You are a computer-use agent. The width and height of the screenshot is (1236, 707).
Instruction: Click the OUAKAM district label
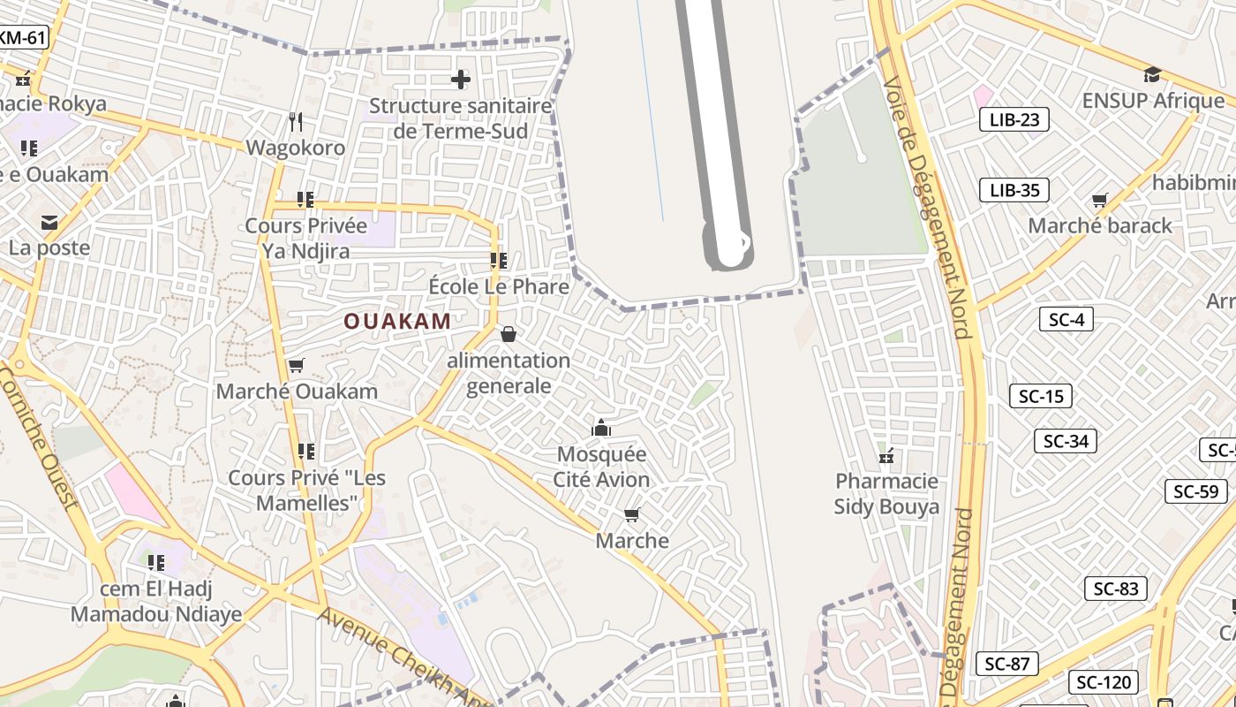[397, 321]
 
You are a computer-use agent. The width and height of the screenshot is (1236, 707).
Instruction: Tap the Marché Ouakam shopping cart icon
[297, 365]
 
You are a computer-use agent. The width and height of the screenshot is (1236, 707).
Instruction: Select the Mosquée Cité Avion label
[601, 467]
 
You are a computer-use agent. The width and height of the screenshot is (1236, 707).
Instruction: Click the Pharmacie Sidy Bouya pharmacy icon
[886, 456]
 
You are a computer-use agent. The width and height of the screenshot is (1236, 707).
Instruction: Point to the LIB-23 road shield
[1014, 119]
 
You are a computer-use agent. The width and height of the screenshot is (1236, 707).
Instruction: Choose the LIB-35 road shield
[1014, 190]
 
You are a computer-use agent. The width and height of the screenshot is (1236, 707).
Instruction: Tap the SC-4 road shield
[1066, 319]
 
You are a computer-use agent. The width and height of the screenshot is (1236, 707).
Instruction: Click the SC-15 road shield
[1041, 396]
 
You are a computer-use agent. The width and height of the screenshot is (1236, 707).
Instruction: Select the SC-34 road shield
[1066, 441]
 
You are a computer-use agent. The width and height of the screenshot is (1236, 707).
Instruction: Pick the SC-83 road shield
[1115, 589]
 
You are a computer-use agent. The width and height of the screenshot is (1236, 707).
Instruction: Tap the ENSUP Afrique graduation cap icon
[1152, 74]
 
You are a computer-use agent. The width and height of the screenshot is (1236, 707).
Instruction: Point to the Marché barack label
[1100, 225]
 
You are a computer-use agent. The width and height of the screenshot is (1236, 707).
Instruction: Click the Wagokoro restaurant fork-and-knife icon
[296, 121]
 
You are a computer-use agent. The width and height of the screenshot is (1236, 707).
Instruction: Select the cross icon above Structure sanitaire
[460, 80]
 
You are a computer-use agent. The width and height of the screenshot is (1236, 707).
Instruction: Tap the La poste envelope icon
[49, 222]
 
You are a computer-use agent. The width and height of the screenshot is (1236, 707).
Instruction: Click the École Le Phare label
[499, 286]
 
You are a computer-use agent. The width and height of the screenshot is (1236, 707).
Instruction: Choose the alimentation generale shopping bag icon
[509, 334]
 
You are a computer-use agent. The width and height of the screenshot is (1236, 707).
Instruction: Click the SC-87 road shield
[1006, 664]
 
